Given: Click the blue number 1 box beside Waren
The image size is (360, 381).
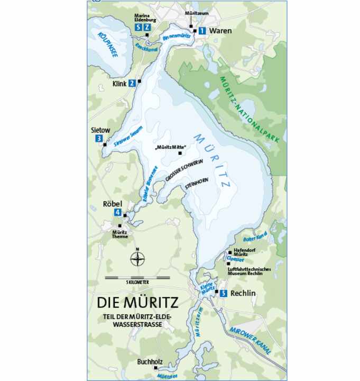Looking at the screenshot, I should [202, 31].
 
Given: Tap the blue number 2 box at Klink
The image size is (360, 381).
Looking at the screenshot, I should [132, 83].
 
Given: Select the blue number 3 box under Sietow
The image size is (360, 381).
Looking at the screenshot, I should [99, 139].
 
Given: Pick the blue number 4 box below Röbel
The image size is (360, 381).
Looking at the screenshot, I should [117, 213].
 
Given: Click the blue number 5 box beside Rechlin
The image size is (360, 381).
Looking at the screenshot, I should [224, 293].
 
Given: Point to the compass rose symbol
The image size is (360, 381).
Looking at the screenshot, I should [137, 259].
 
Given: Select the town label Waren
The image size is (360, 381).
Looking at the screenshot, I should [220, 31].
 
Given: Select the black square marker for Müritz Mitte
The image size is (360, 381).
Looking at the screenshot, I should [180, 153].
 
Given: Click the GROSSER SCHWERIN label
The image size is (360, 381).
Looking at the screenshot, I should [184, 173].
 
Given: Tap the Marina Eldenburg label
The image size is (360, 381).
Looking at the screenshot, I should [145, 17].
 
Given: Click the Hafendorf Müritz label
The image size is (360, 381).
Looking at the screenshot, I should [245, 255].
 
